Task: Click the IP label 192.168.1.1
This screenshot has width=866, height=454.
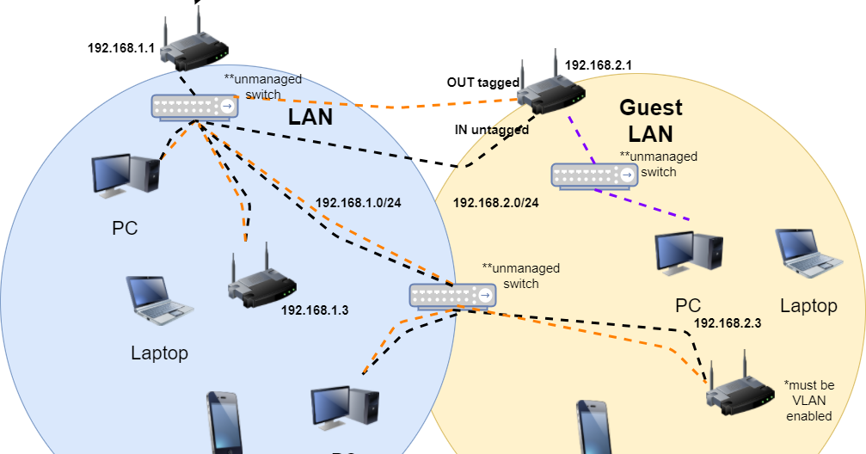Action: pos(121,48)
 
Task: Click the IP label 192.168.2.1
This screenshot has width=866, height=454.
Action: pos(599,64)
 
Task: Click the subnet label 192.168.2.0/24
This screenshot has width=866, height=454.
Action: pos(496,203)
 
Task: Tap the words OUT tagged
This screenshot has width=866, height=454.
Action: pos(482,83)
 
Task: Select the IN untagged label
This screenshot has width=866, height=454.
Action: pos(491,130)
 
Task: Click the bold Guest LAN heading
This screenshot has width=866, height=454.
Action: pos(651,120)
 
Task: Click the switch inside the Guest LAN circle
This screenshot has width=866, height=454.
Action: pos(595,175)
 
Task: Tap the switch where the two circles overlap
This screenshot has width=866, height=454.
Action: pos(453,296)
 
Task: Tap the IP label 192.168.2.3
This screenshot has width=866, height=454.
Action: pos(728,323)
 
